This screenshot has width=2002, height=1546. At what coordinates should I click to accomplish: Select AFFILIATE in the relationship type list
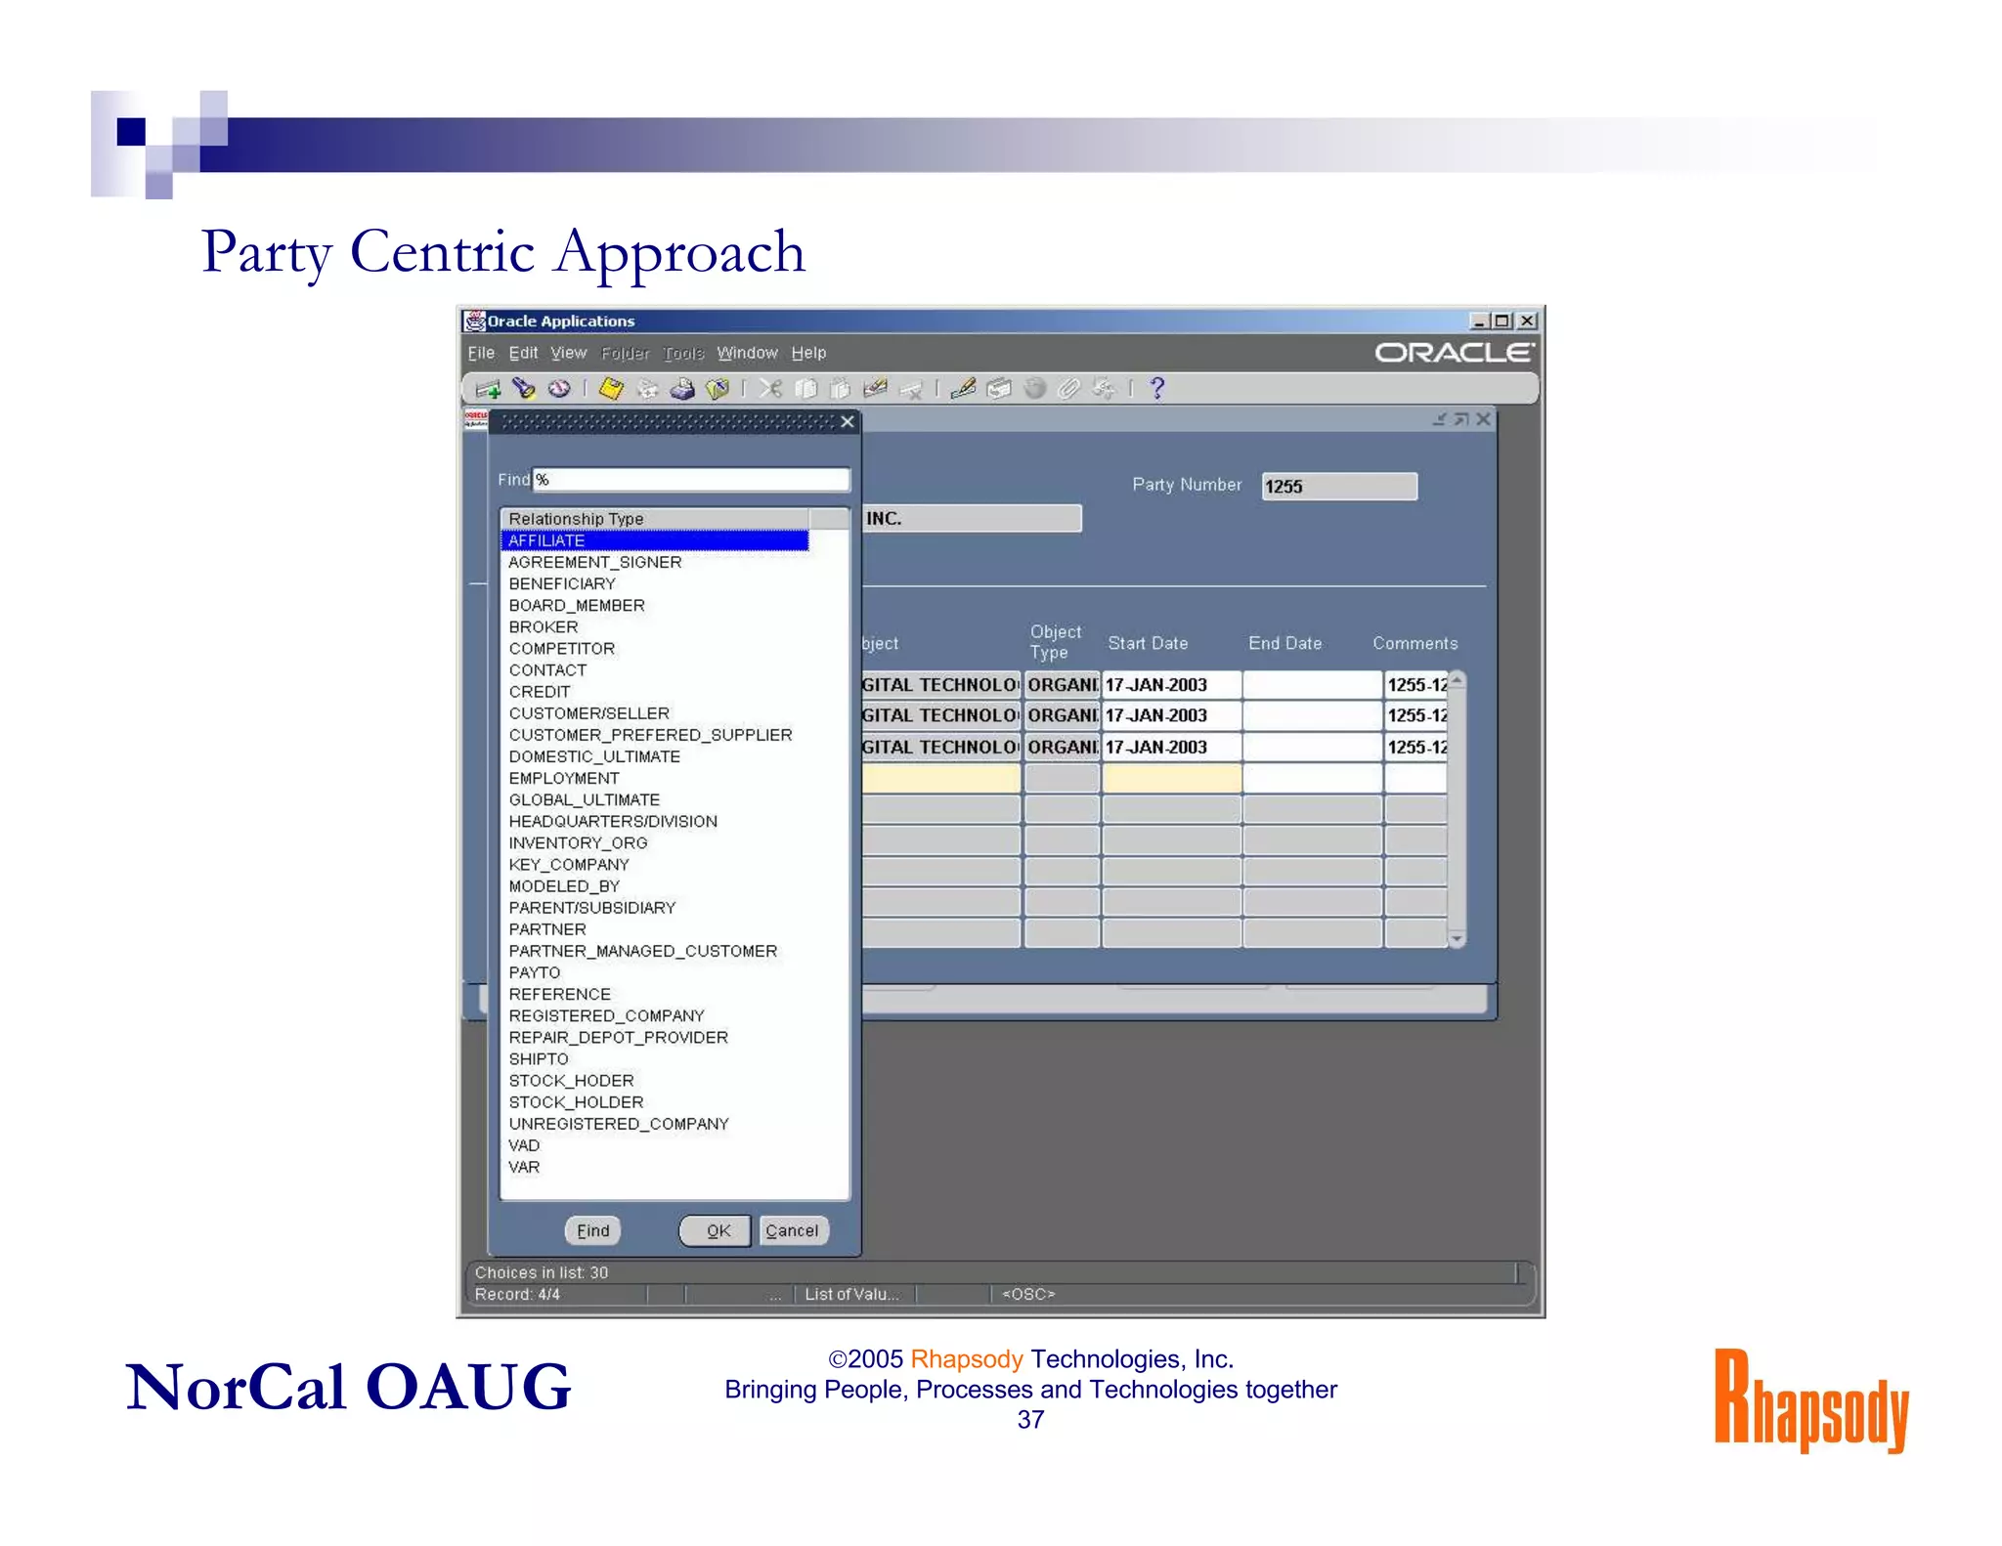click(x=547, y=540)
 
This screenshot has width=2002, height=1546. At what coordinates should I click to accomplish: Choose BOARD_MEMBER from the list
click(x=577, y=606)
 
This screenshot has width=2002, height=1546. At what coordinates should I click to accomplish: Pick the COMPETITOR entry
click(x=562, y=649)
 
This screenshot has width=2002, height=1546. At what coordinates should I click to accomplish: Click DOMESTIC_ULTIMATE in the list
click(x=594, y=756)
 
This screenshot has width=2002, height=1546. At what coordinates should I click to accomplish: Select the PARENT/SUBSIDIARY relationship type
click(x=592, y=908)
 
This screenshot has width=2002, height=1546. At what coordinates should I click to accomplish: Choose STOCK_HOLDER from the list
click(x=576, y=1102)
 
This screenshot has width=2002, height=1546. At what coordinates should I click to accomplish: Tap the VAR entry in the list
click(x=524, y=1167)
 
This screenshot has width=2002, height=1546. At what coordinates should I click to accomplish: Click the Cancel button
click(x=792, y=1230)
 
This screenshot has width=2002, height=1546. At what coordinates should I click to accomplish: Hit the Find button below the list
click(x=592, y=1230)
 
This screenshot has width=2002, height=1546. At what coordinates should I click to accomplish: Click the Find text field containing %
click(x=690, y=480)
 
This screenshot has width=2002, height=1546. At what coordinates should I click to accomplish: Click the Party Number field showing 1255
click(x=1338, y=487)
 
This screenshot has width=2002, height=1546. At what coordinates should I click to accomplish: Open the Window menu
click(x=747, y=353)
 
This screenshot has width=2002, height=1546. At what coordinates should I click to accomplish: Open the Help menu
click(x=808, y=353)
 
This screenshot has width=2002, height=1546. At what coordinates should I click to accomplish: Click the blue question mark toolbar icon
click(x=1157, y=388)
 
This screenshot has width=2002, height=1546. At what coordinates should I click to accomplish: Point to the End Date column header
click(x=1284, y=643)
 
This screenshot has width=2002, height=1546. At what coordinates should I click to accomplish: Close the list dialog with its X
click(x=848, y=422)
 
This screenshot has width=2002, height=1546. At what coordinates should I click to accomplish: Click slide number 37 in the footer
click(x=1030, y=1420)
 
